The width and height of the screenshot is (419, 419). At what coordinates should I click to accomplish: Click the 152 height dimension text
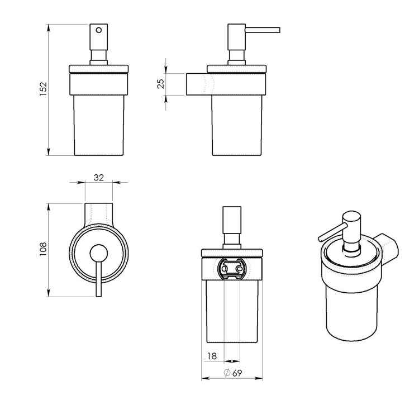click(43, 89)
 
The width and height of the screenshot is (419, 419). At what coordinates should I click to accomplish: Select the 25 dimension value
click(160, 84)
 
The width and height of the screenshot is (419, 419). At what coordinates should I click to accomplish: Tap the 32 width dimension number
click(99, 178)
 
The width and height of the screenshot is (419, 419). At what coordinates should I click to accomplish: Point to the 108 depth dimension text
click(43, 249)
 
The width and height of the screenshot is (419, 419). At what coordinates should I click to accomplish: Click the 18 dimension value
click(212, 356)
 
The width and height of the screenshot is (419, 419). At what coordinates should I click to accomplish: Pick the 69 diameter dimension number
click(237, 373)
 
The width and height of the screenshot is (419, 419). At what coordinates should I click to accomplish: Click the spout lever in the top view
click(99, 279)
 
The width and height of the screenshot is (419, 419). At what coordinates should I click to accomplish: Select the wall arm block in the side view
click(197, 84)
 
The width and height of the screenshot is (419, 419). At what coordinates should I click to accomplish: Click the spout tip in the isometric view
click(319, 239)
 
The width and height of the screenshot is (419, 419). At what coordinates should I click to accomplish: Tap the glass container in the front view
click(99, 126)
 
